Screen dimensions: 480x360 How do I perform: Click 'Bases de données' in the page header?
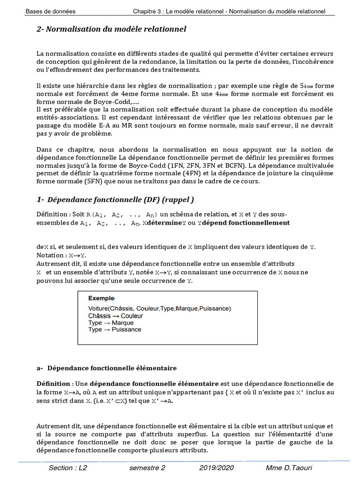pos(50,11)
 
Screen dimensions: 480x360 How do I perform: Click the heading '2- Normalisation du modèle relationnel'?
pos(111,30)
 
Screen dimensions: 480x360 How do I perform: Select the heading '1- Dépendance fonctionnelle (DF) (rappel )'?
pos(115,200)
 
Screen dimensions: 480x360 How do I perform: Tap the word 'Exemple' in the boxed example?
pos(102,298)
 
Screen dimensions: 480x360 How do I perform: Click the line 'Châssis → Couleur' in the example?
pos(116,316)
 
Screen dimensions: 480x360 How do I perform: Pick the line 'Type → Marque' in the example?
pos(111,323)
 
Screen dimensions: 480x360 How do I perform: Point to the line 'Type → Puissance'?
pos(114,330)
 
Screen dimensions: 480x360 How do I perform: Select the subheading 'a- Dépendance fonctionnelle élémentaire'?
pos(106,368)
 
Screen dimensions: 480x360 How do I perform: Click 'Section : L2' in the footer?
pos(67,468)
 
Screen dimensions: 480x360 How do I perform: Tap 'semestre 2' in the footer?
pos(147,468)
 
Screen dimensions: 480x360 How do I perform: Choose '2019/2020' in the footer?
pos(216,468)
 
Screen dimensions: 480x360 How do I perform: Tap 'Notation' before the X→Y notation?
pos(51,255)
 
